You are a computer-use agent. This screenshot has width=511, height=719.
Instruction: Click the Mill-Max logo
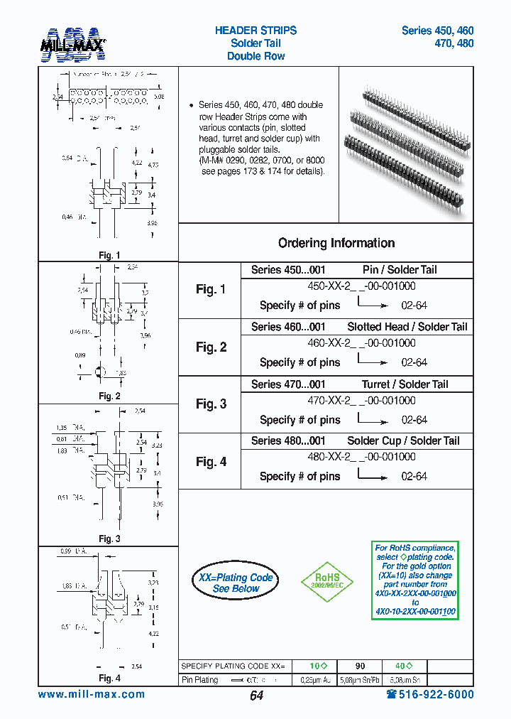click(x=74, y=42)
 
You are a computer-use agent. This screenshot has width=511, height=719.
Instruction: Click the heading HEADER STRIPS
click(x=255, y=31)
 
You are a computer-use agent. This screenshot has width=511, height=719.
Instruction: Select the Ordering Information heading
click(x=336, y=243)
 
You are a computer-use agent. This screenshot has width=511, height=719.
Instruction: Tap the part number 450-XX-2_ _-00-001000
click(x=361, y=286)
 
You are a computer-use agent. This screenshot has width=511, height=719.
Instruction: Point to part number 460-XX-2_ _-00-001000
click(x=361, y=342)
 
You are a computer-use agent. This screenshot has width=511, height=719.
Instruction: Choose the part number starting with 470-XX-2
click(x=361, y=400)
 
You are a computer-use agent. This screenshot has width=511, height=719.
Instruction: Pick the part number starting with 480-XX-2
click(x=361, y=457)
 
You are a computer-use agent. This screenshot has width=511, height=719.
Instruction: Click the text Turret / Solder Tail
click(x=405, y=384)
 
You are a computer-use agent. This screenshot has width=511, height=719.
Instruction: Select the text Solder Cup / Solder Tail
click(x=403, y=441)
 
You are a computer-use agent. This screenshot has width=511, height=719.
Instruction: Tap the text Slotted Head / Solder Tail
click(x=407, y=327)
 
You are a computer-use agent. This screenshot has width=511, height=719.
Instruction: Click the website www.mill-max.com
click(x=91, y=695)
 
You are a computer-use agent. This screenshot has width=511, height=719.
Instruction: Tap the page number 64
click(x=256, y=696)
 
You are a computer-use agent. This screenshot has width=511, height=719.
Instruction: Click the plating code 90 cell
click(x=360, y=666)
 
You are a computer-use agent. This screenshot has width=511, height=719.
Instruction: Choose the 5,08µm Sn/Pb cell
click(x=360, y=680)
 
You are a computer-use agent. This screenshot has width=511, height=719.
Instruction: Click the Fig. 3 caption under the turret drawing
click(x=109, y=539)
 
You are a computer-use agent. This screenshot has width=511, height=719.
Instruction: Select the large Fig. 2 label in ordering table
click(x=211, y=347)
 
